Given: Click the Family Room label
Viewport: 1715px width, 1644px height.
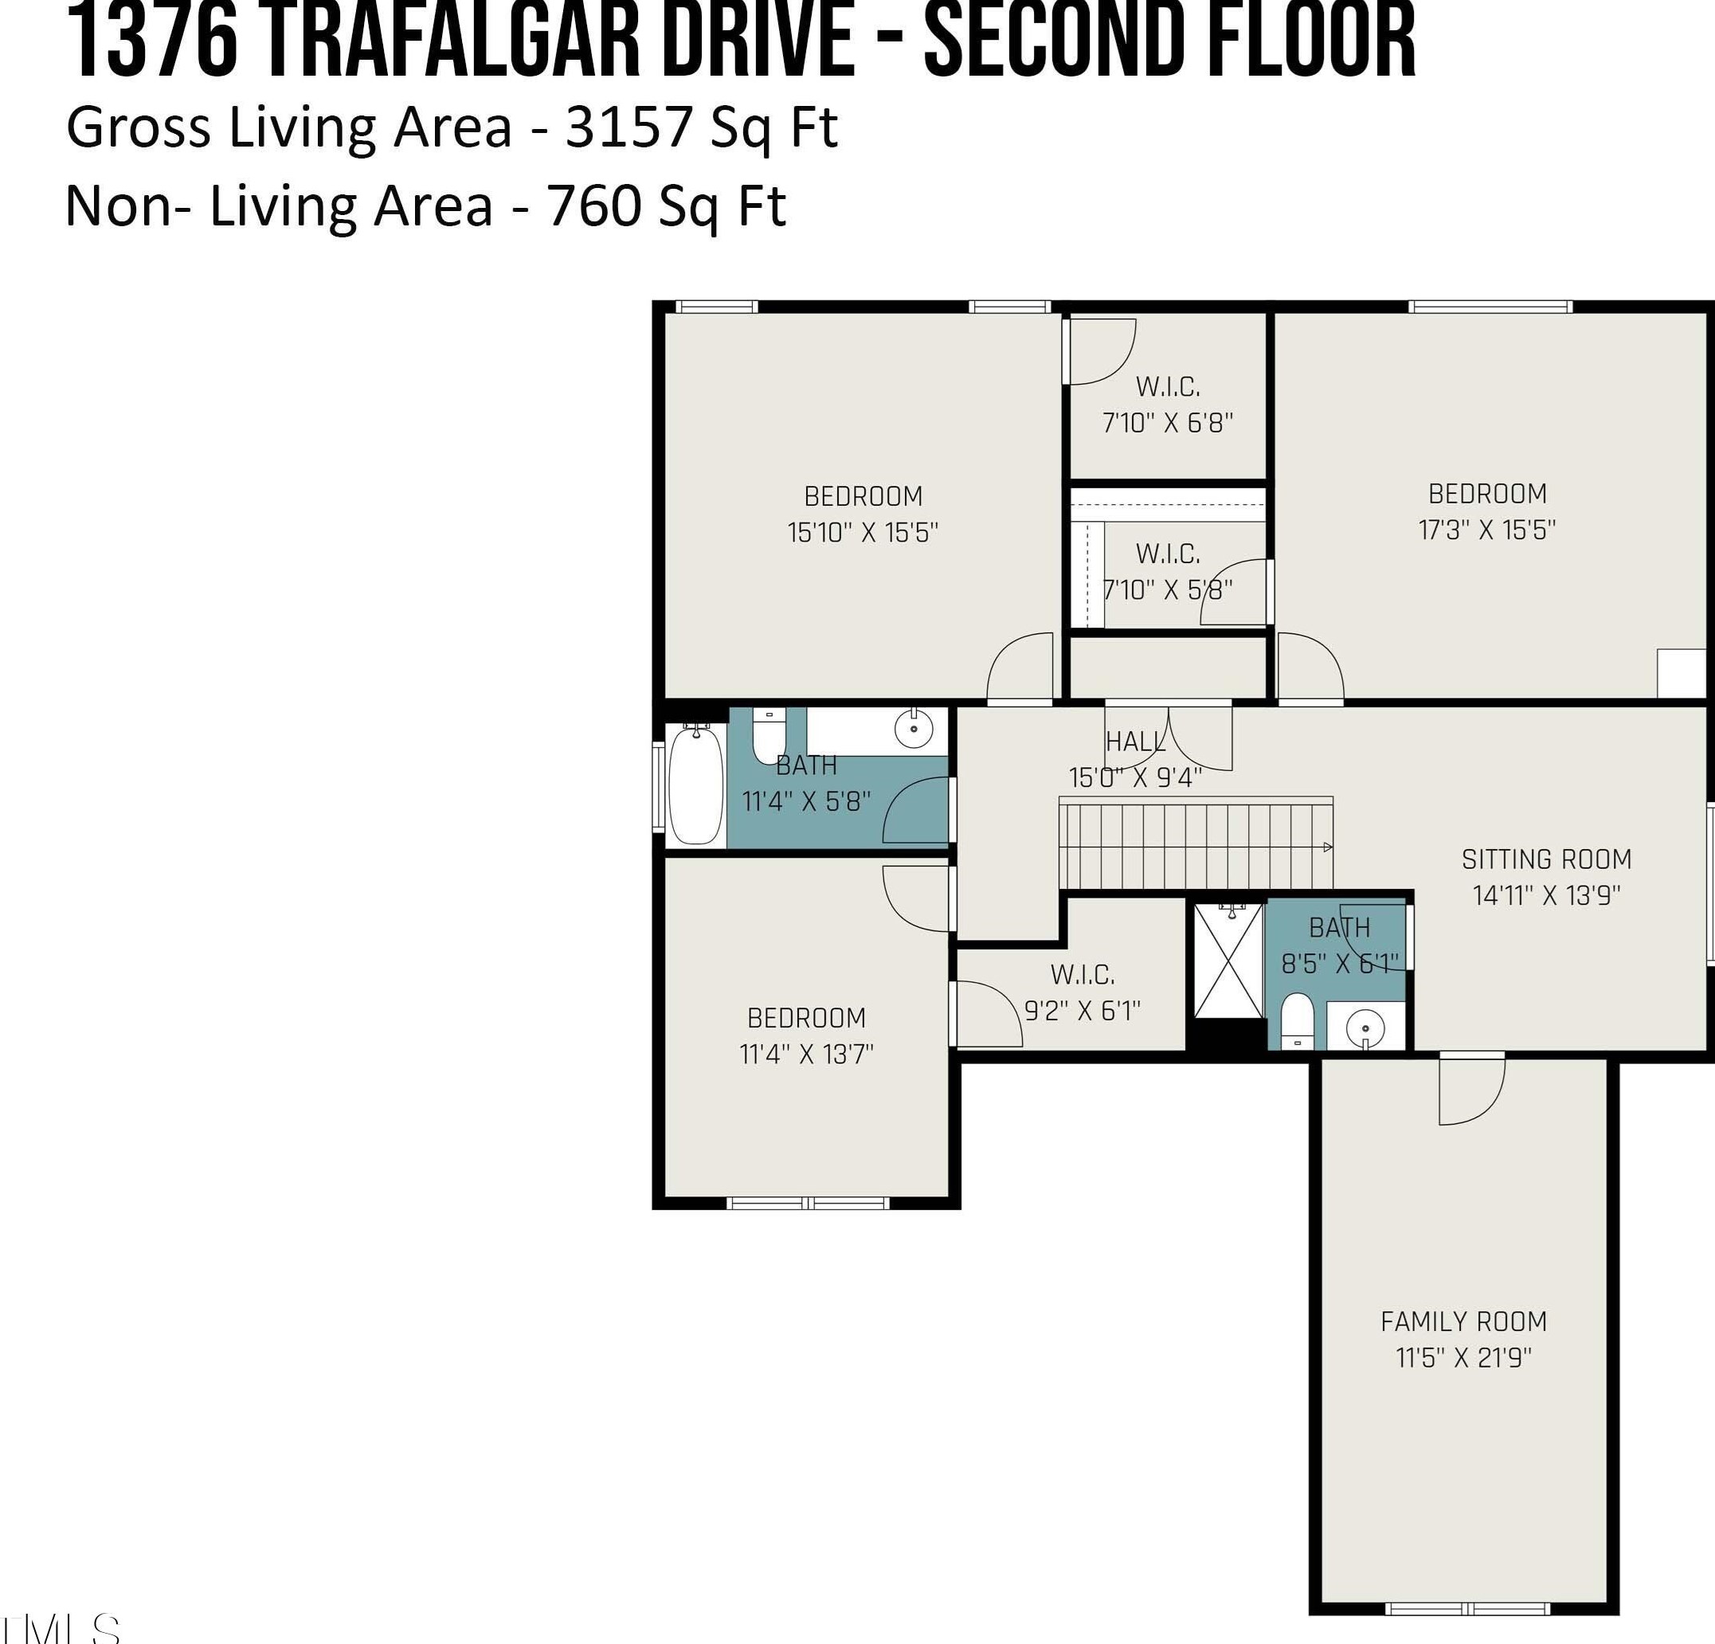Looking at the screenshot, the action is [x=1464, y=1321].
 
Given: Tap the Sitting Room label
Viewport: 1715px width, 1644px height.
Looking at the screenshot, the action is [x=1547, y=859].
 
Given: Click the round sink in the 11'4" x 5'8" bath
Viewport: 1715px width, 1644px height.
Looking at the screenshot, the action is [x=914, y=728].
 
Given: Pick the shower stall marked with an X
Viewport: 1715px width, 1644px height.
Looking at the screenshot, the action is [x=1229, y=961].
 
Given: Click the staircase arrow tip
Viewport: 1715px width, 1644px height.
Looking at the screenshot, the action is [x=1330, y=847].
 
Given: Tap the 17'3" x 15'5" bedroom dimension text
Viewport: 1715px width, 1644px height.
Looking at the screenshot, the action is [x=1487, y=530].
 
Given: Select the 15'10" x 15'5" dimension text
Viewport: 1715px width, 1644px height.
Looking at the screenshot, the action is [x=863, y=532].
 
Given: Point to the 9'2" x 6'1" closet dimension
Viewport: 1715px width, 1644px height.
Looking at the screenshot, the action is [x=1083, y=1011].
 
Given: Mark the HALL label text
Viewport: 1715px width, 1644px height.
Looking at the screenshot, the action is [x=1136, y=742].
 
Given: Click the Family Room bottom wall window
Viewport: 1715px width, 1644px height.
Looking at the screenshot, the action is [x=1467, y=1608].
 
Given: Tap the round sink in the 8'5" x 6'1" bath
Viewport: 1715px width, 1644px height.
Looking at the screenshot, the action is [x=1365, y=1025].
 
